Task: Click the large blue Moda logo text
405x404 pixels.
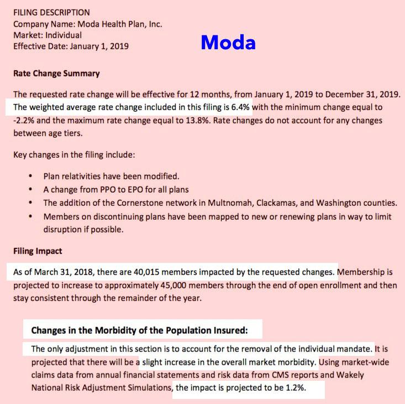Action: point(228,42)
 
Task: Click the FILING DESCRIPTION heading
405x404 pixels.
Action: point(51,12)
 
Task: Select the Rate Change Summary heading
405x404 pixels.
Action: point(56,74)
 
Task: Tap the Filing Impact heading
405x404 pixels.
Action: point(38,251)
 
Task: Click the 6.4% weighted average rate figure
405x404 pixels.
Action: point(240,106)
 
